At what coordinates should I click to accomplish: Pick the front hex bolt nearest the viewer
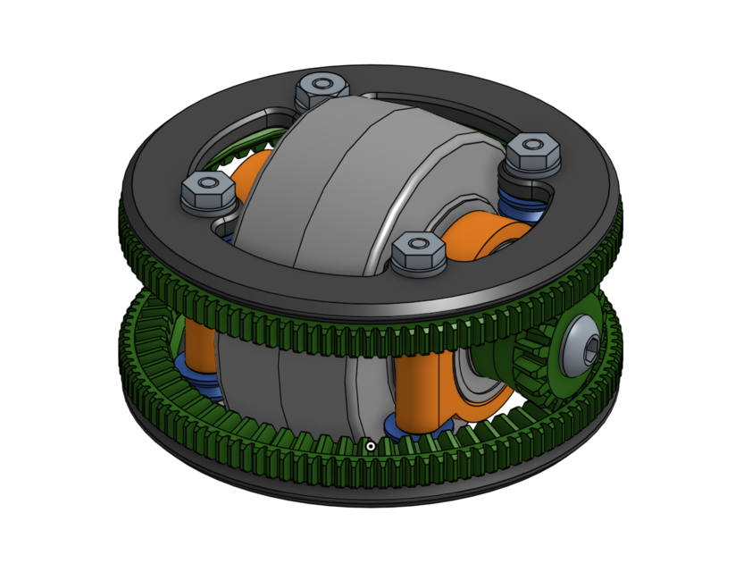pyautogui.click(x=417, y=254)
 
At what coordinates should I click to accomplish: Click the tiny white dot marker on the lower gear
pyautogui.click(x=370, y=445)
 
